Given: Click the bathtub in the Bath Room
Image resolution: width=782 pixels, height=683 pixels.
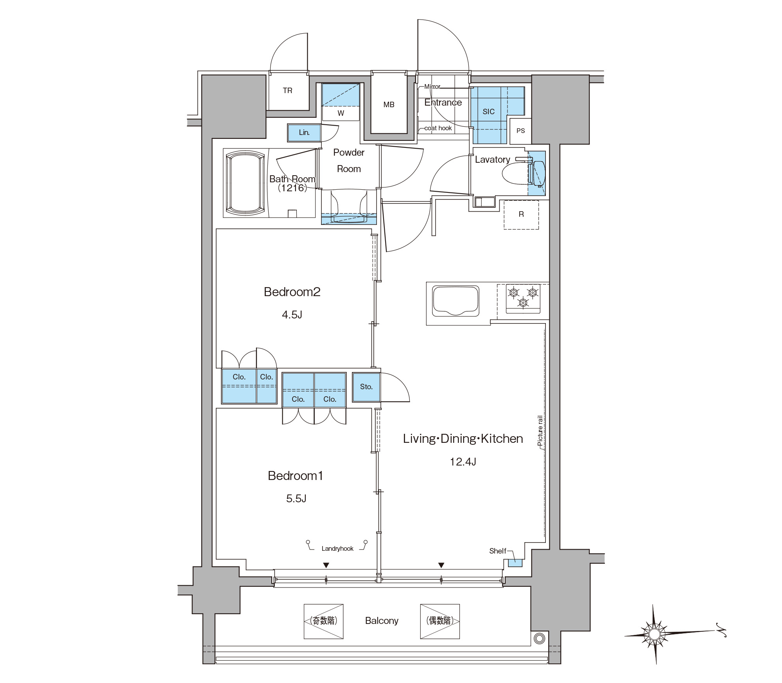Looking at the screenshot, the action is [x=246, y=183].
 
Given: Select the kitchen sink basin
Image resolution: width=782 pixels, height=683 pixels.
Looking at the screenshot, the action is [x=456, y=301].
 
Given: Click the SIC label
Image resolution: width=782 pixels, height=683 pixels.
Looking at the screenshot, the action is [x=488, y=111].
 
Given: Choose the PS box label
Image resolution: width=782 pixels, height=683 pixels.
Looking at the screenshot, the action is [x=520, y=131].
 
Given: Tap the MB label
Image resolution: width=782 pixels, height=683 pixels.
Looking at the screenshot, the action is [x=389, y=104].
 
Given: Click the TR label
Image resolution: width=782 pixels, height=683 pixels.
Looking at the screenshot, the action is [x=287, y=90].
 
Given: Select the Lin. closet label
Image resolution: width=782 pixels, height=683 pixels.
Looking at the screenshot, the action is [x=304, y=132].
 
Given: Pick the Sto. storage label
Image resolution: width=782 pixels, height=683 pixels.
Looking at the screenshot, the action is [x=366, y=386].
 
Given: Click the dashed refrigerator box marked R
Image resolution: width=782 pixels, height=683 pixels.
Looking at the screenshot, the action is [x=521, y=215].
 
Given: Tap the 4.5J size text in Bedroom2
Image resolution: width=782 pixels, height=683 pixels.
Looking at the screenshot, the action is [x=292, y=315].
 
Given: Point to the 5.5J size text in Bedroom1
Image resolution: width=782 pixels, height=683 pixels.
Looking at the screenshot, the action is [x=296, y=498].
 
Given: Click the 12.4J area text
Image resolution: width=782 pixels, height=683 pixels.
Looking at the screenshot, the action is [x=463, y=462].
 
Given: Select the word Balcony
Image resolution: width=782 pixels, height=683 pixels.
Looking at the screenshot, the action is [x=382, y=621].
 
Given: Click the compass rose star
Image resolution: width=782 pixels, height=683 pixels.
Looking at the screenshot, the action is [x=654, y=634].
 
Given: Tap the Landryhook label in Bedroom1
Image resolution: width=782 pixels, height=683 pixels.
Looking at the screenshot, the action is [x=337, y=548].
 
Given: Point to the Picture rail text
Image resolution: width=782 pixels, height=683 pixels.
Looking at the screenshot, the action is [x=540, y=431].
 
